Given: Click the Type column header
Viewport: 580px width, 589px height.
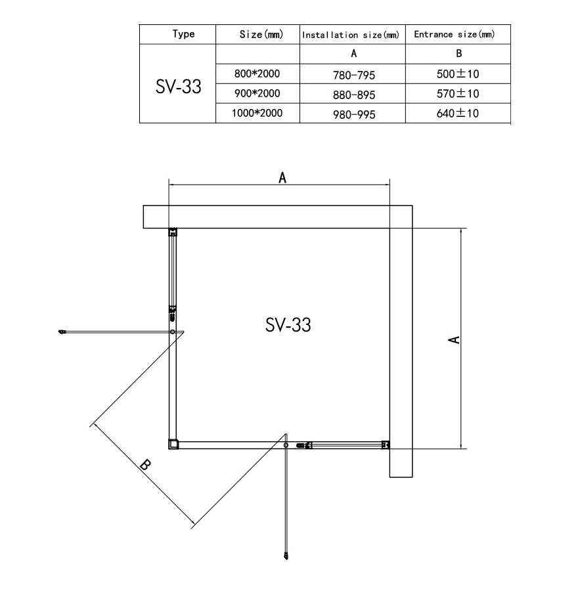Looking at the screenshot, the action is [184, 34].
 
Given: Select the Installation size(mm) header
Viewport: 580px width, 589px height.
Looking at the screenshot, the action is [351, 35].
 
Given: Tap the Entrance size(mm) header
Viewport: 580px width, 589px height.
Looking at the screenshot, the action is [454, 35].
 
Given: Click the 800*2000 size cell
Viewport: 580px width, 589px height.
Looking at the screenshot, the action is [257, 74].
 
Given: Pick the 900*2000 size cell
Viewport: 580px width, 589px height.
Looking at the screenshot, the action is [257, 93].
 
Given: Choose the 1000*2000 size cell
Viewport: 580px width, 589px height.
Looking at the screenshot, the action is [257, 113].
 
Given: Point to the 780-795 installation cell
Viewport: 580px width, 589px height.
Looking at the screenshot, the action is [354, 76].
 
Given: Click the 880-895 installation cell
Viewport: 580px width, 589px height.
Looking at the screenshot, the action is [354, 95].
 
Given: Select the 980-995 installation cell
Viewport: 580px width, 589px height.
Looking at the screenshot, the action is [354, 114].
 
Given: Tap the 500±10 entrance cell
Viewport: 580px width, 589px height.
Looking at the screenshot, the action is [458, 74].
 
